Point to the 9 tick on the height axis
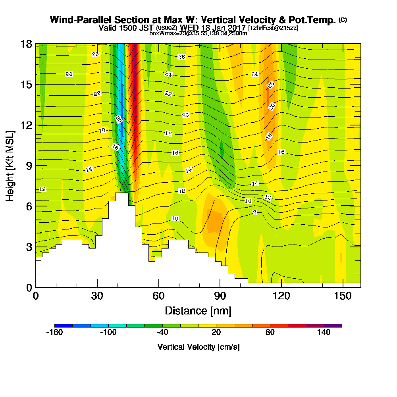tap(28, 166)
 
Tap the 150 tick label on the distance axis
tap(342, 296)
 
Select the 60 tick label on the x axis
tap(158, 296)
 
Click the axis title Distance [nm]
tap(198, 310)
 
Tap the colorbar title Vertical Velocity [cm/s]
tap(198, 347)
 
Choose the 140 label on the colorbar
tap(324, 333)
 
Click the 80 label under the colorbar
tap(270, 333)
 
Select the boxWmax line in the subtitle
tap(198, 33)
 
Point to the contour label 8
tap(255, 212)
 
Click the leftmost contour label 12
tap(43, 189)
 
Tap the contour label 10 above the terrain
tap(175, 219)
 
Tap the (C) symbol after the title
tap(342, 20)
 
